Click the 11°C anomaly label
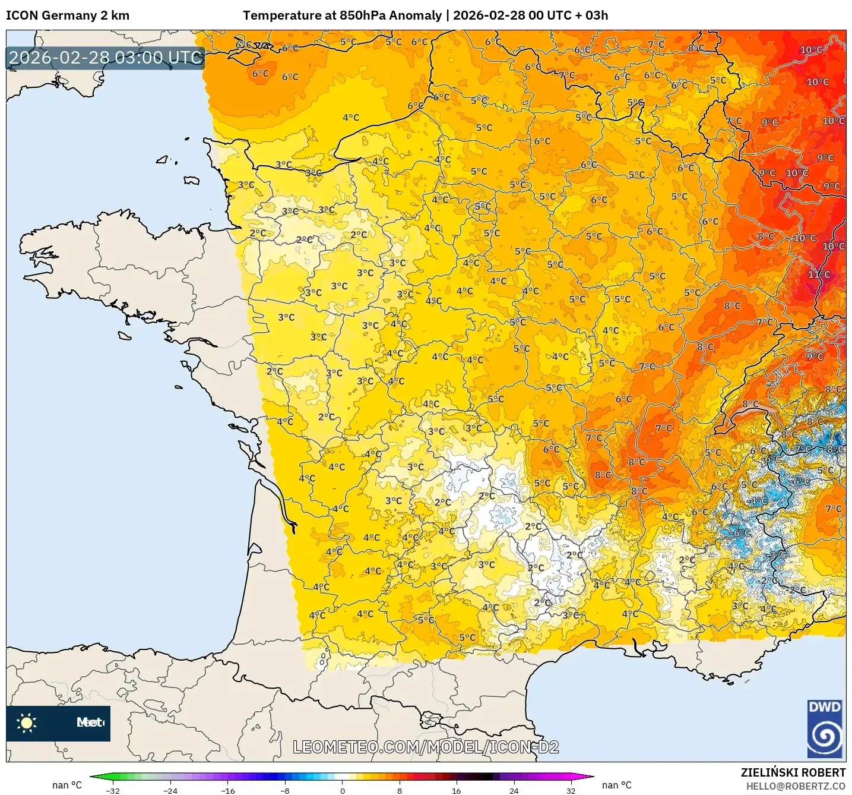click(819, 275)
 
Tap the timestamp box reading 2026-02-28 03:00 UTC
click(106, 58)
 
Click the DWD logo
click(825, 728)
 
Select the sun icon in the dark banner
click(27, 723)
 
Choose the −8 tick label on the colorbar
click(285, 790)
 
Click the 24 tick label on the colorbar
click(514, 790)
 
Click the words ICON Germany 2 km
click(68, 15)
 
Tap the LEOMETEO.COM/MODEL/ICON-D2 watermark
click(426, 747)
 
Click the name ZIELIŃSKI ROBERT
click(793, 772)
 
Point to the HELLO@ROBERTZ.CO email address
click(796, 786)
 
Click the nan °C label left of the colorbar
click(66, 785)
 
